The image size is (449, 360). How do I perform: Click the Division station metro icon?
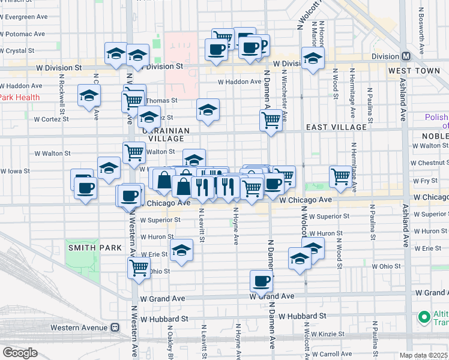coord(406,56)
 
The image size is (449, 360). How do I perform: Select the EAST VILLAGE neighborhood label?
coord(336,127)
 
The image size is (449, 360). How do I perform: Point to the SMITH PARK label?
coord(95,248)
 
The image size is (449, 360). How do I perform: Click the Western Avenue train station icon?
coord(114,328)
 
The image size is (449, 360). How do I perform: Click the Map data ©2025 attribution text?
coord(423,355)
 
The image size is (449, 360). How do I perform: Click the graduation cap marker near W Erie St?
coord(180,251)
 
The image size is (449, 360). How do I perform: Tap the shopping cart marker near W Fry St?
coord(340,176)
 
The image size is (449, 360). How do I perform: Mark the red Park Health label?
coord(19,97)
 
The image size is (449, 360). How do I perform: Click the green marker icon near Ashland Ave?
coord(424,316)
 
